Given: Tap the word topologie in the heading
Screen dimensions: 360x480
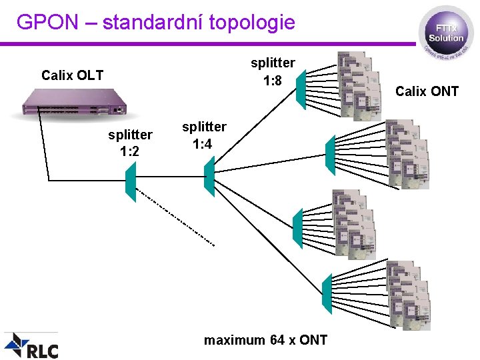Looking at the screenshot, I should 251,23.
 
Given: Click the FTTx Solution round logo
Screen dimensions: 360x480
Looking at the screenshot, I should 446,33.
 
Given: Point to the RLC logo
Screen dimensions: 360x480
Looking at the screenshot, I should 32,346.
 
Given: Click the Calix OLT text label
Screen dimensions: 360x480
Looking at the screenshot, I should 72,75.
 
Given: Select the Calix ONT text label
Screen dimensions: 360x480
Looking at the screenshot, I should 427,91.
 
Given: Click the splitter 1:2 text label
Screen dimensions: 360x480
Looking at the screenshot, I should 130,143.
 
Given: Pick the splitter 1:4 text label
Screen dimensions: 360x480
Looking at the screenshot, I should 204,135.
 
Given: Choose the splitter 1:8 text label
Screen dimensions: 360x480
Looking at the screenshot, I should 272,72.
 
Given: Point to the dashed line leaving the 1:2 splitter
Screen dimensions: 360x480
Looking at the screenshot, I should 175,217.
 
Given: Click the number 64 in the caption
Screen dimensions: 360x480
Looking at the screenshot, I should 277,340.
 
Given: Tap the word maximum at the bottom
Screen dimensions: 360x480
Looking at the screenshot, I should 234,340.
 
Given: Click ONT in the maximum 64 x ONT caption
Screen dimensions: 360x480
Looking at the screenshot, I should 313,340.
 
